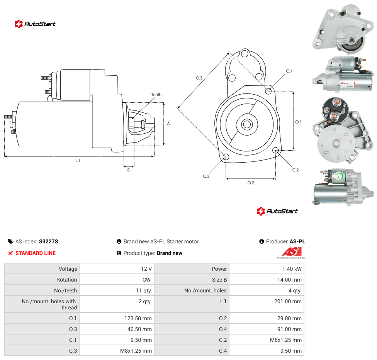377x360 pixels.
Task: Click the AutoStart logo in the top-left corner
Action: [x=35, y=24]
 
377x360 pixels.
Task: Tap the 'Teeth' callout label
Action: [x=156, y=95]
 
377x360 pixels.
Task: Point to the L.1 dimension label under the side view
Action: [x=78, y=160]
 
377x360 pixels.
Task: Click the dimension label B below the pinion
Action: [x=128, y=170]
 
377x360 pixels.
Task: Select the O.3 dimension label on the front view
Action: [x=199, y=78]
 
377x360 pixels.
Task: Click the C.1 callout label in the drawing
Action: [x=289, y=71]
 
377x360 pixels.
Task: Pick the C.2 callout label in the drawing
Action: [x=295, y=170]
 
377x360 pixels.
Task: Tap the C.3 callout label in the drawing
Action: [x=206, y=176]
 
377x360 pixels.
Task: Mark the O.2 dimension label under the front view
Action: [x=251, y=183]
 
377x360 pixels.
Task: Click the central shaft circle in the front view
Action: [x=247, y=124]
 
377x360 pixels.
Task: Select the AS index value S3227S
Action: [x=49, y=241]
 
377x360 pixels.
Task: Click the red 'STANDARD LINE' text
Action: [x=36, y=253]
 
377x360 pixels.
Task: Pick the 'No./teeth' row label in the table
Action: [x=65, y=290]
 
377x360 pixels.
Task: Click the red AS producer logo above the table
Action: [x=291, y=253]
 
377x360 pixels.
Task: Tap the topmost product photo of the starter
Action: [x=343, y=29]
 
